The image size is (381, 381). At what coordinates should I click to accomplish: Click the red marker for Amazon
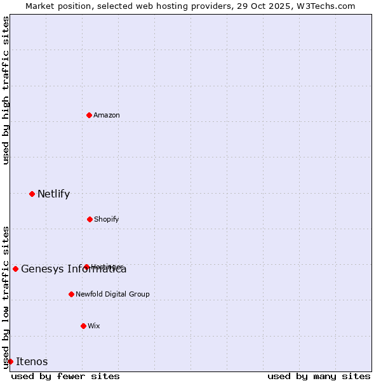(x=90, y=115)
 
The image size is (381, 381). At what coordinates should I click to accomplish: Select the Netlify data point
(x=32, y=194)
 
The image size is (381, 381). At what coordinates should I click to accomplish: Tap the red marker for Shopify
(x=90, y=219)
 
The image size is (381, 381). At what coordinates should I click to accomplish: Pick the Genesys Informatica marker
(x=15, y=269)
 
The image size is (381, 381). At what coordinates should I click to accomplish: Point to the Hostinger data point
(x=86, y=267)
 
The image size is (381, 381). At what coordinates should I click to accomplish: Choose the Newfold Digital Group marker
(x=71, y=294)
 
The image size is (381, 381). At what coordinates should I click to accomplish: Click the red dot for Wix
(x=83, y=326)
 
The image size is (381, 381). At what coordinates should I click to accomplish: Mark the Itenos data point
(x=10, y=361)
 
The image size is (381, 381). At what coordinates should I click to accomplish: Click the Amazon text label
(x=107, y=115)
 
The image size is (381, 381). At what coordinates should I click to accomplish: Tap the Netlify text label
(x=53, y=194)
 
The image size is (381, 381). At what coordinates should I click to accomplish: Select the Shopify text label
(x=106, y=219)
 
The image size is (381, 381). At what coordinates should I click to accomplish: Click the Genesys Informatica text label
(x=74, y=269)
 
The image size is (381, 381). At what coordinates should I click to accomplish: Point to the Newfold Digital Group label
(x=112, y=294)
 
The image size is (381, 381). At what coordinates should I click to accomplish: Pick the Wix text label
(x=93, y=326)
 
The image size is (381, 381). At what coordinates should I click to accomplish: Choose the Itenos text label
(x=32, y=361)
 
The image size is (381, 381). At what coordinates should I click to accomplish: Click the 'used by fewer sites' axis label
(x=65, y=376)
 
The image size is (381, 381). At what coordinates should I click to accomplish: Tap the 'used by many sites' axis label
(x=319, y=376)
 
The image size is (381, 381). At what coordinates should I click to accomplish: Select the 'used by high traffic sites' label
(x=6, y=90)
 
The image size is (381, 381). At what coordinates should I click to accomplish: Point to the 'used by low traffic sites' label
(x=6, y=297)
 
